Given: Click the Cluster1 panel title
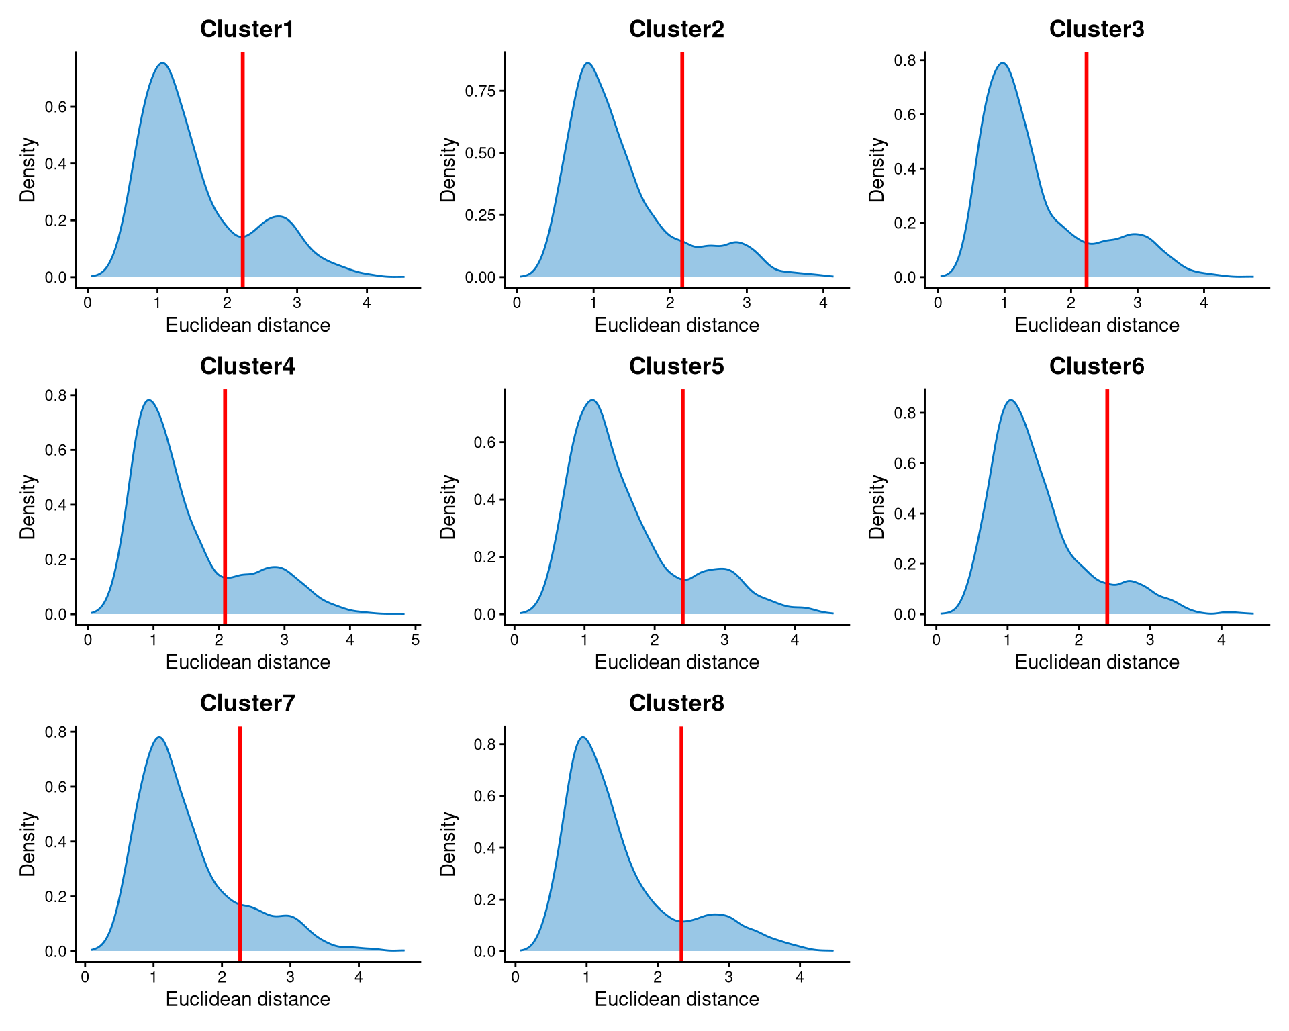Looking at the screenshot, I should (247, 30).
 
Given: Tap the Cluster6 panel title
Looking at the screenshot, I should (1096, 366).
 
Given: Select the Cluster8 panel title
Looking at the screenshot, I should (676, 703).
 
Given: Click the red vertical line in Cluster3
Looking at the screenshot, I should (1086, 168).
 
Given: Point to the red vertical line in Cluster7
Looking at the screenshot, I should (240, 839).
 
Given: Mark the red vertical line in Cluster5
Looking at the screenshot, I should (682, 503).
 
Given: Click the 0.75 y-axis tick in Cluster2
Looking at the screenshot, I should (481, 91).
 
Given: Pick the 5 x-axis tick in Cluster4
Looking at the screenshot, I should (416, 640).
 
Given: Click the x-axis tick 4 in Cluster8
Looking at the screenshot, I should (800, 977).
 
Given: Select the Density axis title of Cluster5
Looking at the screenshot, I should (448, 507).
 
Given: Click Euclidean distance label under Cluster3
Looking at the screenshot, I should (1096, 325).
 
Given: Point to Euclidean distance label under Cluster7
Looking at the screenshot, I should (248, 999).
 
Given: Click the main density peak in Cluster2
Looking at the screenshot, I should (588, 63).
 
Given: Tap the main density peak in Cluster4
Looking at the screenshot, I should (149, 401).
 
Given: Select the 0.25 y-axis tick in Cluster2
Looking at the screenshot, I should (481, 215).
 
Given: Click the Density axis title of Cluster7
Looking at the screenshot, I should (28, 844).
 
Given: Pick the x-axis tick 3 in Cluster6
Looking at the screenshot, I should (1149, 640).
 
